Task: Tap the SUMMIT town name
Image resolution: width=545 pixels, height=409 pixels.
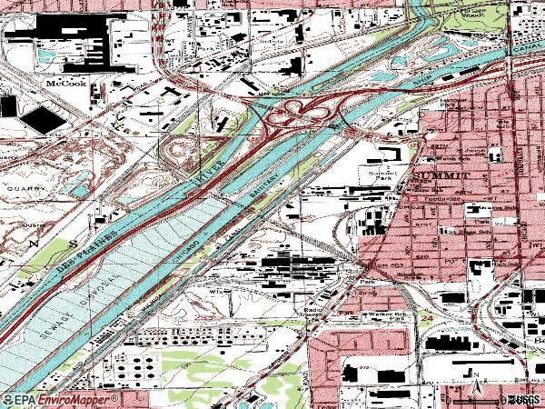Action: click(441, 174)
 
